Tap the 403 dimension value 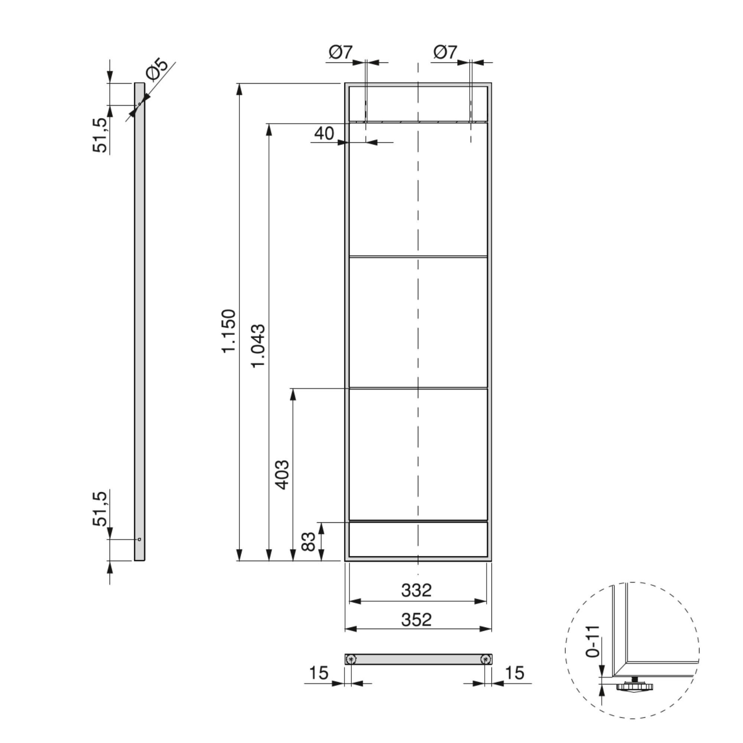pyautogui.click(x=283, y=474)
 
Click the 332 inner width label pyautogui.click(x=416, y=590)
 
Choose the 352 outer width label pyautogui.click(x=416, y=620)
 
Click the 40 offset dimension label pyautogui.click(x=324, y=133)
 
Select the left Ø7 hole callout pyautogui.click(x=340, y=52)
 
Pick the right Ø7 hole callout pyautogui.click(x=445, y=52)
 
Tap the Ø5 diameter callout pyautogui.click(x=157, y=69)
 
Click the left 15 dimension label pyautogui.click(x=318, y=673)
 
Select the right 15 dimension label pyautogui.click(x=515, y=673)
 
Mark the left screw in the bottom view pyautogui.click(x=351, y=660)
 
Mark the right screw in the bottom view pyautogui.click(x=486, y=660)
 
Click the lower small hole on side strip pyautogui.click(x=140, y=539)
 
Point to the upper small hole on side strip pyautogui.click(x=140, y=104)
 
